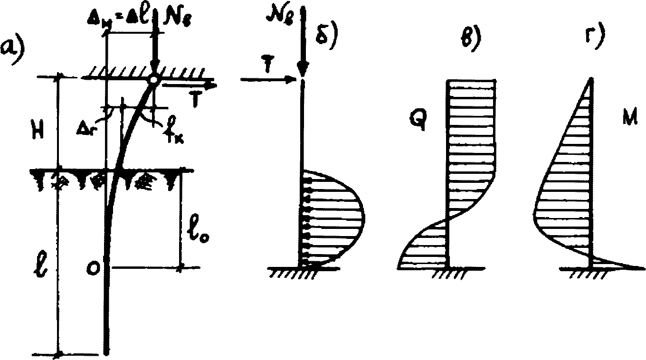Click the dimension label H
tap(38, 131)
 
